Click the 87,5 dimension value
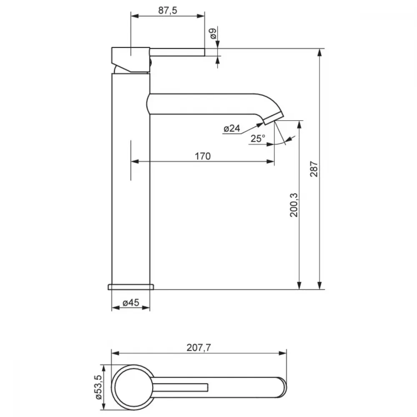(168, 10)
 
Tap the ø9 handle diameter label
(213, 33)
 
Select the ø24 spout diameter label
(232, 129)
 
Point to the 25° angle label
(258, 138)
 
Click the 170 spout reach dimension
(203, 156)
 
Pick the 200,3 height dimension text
(294, 205)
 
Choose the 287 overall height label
(314, 169)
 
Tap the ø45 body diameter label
(131, 303)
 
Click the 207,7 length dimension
(198, 348)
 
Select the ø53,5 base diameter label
(98, 387)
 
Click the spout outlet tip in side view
(274, 118)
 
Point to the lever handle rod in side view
(177, 52)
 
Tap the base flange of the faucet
(131, 287)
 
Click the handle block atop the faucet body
(131, 60)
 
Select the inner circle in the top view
(134, 387)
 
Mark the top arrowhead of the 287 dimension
(320, 53)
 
